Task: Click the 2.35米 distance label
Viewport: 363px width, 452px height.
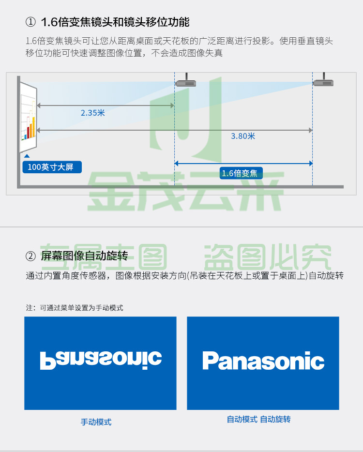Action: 92,113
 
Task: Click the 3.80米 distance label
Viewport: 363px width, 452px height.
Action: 243,136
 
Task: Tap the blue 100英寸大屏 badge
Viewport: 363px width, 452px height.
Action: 52,167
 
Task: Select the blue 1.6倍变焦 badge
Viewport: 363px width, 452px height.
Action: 241,173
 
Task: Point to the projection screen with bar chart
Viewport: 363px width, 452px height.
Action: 28,117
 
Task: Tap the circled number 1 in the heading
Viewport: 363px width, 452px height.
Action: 30,22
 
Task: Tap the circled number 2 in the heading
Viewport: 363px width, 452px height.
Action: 30,256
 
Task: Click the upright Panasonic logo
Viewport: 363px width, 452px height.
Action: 263,361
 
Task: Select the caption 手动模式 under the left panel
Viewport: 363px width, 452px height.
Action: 96,422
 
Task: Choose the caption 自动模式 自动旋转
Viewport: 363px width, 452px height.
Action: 258,419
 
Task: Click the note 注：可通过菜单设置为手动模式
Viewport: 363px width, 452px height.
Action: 75,308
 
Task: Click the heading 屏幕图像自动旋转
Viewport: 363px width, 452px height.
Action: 84,256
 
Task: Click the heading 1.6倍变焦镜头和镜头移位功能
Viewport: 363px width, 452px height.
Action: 115,22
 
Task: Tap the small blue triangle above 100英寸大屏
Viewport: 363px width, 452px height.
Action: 27,156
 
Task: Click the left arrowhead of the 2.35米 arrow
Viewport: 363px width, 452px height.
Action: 39,105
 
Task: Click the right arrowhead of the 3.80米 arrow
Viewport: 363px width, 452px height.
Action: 311,130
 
